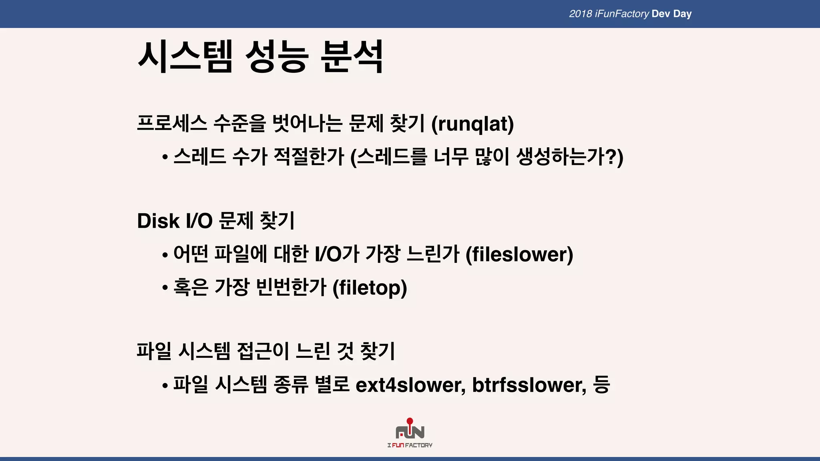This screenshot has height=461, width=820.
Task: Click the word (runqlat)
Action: [x=472, y=124]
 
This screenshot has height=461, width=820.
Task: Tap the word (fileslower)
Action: [x=519, y=255]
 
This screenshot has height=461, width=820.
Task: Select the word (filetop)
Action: [x=370, y=288]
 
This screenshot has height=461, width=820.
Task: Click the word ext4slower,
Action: [x=410, y=385]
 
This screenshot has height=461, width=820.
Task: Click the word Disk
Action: [x=158, y=221]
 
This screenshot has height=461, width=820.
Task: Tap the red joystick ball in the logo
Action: [x=410, y=421]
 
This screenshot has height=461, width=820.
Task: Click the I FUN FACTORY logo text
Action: [x=410, y=445]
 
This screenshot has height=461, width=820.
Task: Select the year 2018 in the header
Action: [x=580, y=14]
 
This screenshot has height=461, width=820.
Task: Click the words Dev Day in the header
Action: [x=671, y=14]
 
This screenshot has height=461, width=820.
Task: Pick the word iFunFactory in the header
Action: [x=622, y=14]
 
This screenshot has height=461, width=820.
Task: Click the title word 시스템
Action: [x=185, y=56]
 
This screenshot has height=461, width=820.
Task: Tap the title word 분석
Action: [x=352, y=56]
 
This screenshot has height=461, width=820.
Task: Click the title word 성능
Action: [x=276, y=56]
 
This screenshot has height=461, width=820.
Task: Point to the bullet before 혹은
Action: [x=165, y=288]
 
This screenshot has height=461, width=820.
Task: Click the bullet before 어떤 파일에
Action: [x=165, y=255]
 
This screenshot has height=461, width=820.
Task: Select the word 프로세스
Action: [x=172, y=123]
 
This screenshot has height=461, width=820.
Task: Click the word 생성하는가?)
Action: [x=570, y=157]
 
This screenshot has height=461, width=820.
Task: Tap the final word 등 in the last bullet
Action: [x=601, y=385]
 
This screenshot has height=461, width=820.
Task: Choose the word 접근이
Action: [x=263, y=351]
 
